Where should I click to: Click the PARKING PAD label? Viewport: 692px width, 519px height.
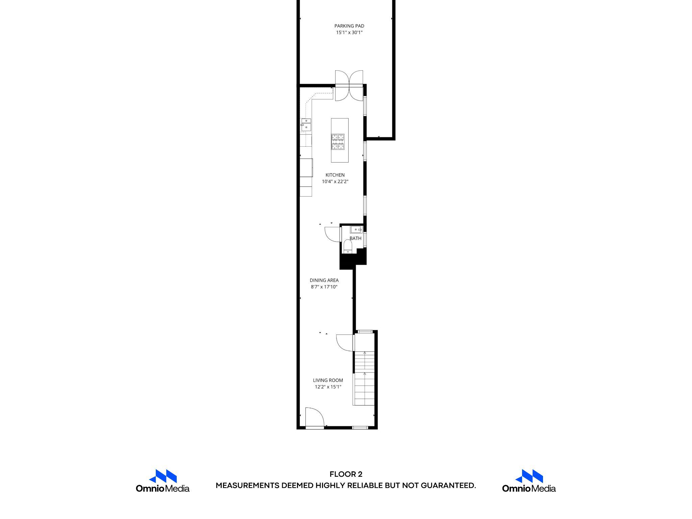click(349, 26)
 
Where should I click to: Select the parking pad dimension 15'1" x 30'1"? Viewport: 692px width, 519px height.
click(349, 33)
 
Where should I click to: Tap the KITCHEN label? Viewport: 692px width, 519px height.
click(335, 175)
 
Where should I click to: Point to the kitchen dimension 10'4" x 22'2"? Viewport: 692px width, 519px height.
click(335, 182)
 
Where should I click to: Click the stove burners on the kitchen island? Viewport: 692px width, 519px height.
click(338, 142)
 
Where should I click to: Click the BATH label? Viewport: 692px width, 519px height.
click(355, 238)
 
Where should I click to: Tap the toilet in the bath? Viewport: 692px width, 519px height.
click(347, 246)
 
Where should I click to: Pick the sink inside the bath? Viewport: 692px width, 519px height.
click(356, 229)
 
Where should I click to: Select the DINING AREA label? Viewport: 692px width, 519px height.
click(324, 280)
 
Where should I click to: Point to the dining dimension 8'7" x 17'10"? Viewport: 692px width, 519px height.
click(324, 287)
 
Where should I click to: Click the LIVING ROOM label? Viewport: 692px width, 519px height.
click(328, 380)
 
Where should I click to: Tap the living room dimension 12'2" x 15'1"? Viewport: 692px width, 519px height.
click(328, 387)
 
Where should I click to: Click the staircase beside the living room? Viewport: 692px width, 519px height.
click(364, 378)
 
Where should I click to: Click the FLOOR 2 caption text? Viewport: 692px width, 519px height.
click(346, 474)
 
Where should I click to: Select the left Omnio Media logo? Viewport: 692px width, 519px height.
click(163, 480)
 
